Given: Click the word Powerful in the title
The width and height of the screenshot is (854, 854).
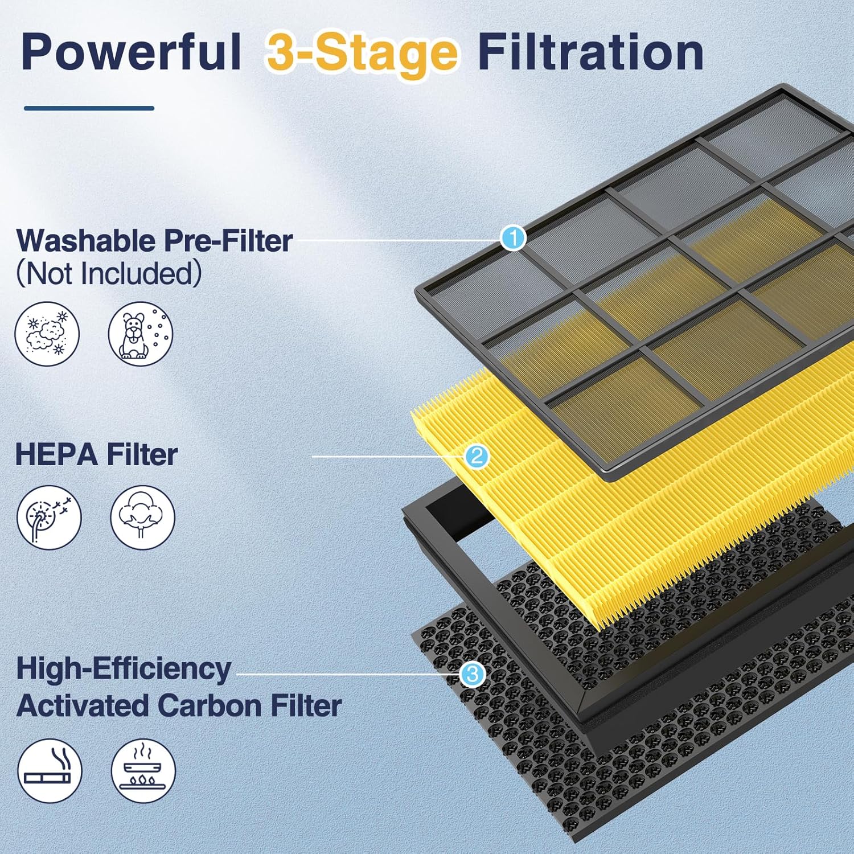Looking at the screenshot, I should (131, 52).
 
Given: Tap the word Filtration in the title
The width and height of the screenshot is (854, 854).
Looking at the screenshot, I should (590, 52).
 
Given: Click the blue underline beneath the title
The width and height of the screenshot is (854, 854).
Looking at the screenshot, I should (89, 108).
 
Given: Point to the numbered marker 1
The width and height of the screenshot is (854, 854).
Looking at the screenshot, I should (513, 237).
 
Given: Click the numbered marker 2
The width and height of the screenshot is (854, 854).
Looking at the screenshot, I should (477, 456).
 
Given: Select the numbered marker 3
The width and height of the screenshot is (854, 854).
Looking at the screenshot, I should (472, 675).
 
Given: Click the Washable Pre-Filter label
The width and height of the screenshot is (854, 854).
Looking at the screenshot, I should (154, 241).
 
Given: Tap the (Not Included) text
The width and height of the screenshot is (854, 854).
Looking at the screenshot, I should (109, 273).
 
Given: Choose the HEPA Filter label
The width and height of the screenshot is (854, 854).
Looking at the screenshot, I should (96, 455).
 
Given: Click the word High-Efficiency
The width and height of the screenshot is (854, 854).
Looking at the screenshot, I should (124, 668).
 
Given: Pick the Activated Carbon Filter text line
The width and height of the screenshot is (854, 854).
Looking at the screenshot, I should (179, 705).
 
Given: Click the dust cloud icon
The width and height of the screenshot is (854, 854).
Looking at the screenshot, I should (47, 334).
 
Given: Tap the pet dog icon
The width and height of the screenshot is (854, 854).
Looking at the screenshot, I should (141, 334).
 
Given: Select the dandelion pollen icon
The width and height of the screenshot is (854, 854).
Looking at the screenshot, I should (49, 517).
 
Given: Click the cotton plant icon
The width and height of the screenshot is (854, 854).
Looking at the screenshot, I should (142, 517).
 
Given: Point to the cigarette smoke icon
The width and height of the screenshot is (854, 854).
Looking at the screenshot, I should (50, 770).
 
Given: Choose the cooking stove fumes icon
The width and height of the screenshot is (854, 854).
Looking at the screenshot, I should (143, 770).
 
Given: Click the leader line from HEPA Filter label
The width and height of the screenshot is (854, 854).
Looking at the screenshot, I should (387, 456).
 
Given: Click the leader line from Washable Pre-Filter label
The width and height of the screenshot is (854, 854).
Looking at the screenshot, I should (399, 240).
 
